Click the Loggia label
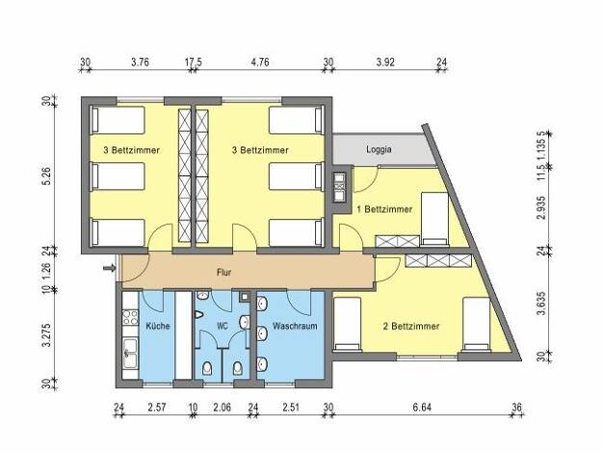click(x=379, y=149)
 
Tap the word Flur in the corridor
click(x=223, y=273)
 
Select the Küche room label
click(x=158, y=326)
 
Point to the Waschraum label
click(x=295, y=326)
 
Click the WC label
click(x=223, y=327)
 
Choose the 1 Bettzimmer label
click(x=384, y=209)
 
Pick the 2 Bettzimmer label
click(x=411, y=327)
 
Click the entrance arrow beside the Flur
click(x=110, y=268)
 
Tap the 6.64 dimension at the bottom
click(x=422, y=407)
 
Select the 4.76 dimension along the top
click(x=260, y=62)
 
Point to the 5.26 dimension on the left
click(x=47, y=176)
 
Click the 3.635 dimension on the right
click(x=541, y=304)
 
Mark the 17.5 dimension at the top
click(x=193, y=62)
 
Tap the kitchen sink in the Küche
click(x=129, y=353)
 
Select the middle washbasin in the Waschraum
click(x=262, y=333)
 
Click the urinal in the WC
click(x=199, y=314)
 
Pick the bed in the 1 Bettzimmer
click(x=434, y=219)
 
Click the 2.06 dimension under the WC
click(x=222, y=407)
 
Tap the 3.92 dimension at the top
click(x=385, y=62)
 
